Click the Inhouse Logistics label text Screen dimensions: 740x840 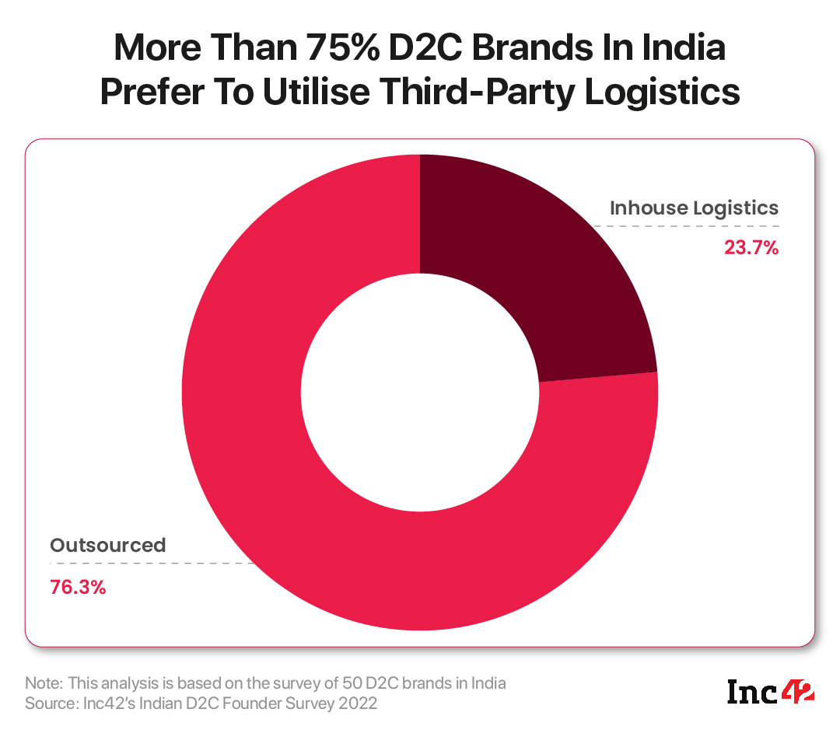click(x=694, y=208)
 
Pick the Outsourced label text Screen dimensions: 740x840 click(x=108, y=545)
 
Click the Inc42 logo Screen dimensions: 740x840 click(x=770, y=691)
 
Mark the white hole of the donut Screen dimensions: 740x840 click(x=420, y=393)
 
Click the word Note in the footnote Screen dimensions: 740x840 click(x=44, y=683)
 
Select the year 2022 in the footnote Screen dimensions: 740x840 click(x=362, y=703)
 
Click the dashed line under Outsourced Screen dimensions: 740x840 click(x=156, y=563)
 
